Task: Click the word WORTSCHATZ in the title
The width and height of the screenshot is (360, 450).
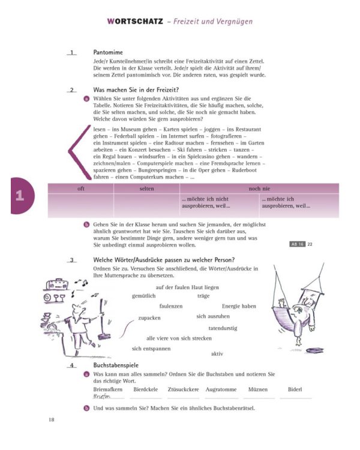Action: (x=135, y=21)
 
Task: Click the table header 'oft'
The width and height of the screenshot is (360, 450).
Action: (x=80, y=188)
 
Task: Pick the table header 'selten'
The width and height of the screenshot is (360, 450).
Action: (x=146, y=188)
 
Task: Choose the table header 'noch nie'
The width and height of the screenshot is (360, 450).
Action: (x=259, y=188)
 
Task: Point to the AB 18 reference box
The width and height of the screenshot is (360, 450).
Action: (x=298, y=244)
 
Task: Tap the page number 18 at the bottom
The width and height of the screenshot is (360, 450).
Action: (x=52, y=419)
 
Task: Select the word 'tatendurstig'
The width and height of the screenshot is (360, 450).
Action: (x=223, y=328)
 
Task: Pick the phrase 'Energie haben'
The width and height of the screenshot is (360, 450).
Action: (x=239, y=306)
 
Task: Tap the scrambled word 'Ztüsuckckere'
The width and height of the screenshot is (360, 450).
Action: (x=184, y=389)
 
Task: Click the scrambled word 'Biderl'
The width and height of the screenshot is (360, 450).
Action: (x=295, y=389)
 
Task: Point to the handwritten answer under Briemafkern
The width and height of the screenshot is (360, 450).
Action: (x=103, y=397)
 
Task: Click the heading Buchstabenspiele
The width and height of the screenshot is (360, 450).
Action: (x=116, y=365)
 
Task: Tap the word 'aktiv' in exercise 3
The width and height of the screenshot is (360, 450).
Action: (x=217, y=353)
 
